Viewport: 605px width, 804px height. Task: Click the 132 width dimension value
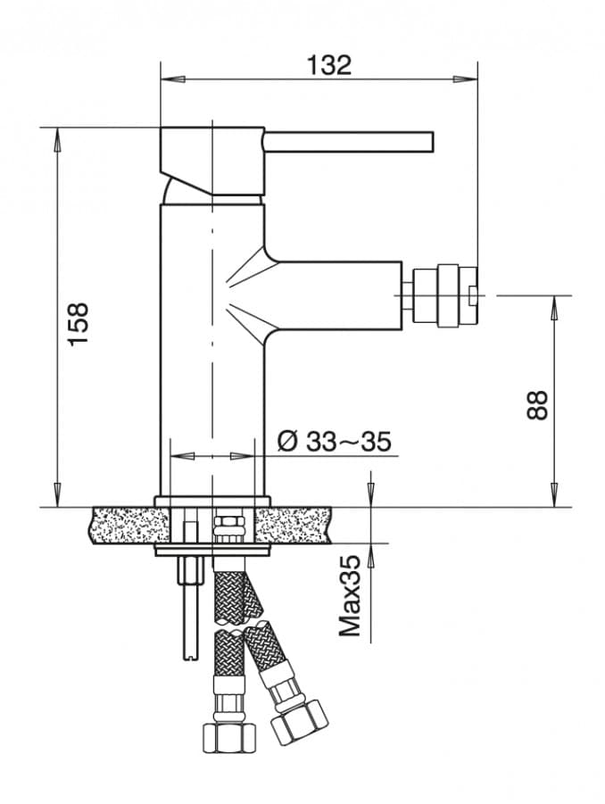click(x=329, y=65)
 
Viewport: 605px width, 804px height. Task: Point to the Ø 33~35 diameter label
click(x=335, y=441)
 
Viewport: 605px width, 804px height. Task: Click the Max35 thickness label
click(x=352, y=595)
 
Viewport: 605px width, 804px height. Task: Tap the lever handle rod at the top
click(x=348, y=142)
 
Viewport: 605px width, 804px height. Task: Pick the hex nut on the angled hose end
click(x=300, y=719)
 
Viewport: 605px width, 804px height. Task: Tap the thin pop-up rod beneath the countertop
click(x=189, y=607)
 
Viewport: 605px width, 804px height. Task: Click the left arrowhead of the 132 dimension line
click(x=167, y=79)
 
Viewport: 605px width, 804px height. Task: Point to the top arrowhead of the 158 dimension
click(x=58, y=136)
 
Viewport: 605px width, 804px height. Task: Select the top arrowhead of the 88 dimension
click(x=554, y=304)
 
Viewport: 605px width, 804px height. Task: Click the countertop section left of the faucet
click(x=125, y=525)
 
